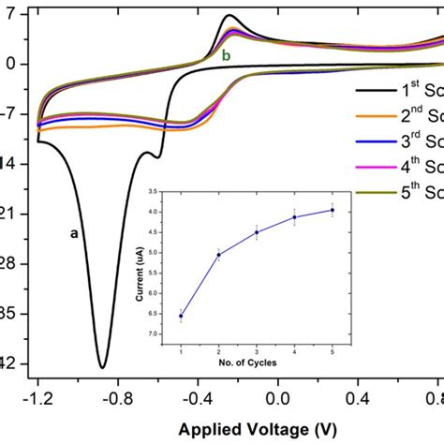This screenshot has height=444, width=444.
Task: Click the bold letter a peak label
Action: [x=75, y=233]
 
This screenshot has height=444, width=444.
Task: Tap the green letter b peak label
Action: [x=226, y=56]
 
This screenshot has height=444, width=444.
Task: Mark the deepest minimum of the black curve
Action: [x=102, y=367]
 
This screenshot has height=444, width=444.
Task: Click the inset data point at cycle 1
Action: [x=181, y=317]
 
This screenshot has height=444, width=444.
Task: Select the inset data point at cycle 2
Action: [x=219, y=255]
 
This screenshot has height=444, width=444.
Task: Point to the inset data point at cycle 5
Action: [x=332, y=210]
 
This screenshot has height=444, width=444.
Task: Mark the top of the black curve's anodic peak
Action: [x=229, y=16]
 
